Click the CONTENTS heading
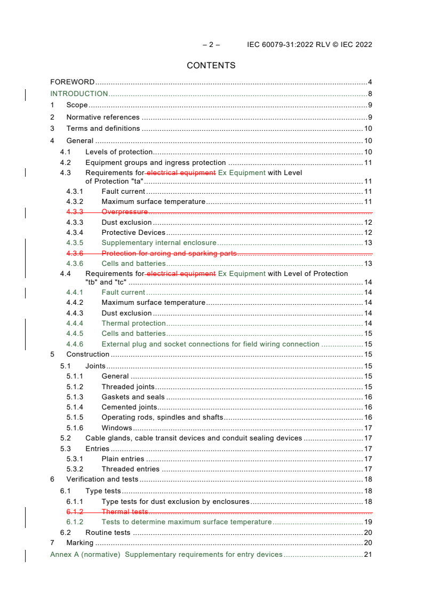211,66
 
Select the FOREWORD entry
73,82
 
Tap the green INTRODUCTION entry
79,94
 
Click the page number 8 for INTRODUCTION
370,94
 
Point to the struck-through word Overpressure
125,212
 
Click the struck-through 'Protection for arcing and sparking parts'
169,254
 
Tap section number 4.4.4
75,324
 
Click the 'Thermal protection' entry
134,324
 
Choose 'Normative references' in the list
103,117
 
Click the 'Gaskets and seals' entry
133,397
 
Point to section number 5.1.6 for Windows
75,428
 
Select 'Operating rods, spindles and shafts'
162,417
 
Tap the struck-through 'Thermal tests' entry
125,512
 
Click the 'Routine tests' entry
108,533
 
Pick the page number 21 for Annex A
368,555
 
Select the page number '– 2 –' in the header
211,45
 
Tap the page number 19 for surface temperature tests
368,522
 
